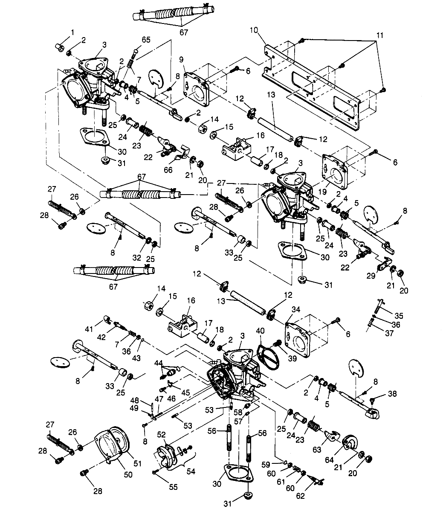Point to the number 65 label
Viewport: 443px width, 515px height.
pos(146,40)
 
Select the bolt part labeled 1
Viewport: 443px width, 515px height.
pos(60,47)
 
